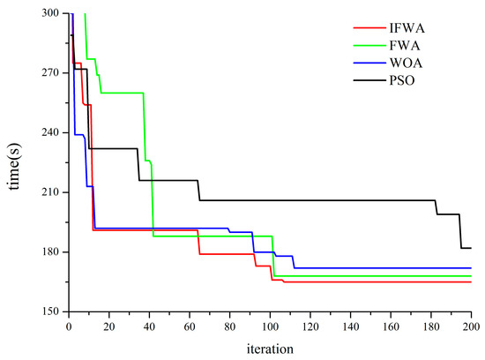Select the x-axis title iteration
(270, 348)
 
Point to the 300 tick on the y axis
(51, 13)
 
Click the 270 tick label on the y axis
(51, 73)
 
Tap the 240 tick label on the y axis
(51, 132)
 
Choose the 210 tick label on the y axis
(51, 192)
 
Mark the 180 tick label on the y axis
(51, 252)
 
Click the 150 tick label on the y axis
(51, 311)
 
